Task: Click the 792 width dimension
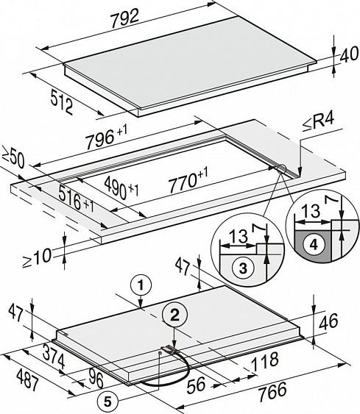[x=124, y=18]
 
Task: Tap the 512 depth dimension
[x=62, y=102]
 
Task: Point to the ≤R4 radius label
[x=319, y=123]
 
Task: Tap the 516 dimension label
[x=76, y=200]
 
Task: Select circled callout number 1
[x=141, y=285]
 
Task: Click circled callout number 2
[x=174, y=315]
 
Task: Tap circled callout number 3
[x=243, y=268]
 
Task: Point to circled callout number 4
[x=314, y=245]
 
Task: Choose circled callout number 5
[x=107, y=402]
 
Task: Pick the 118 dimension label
[x=264, y=362]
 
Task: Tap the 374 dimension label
[x=54, y=357]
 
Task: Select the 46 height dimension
[x=328, y=321]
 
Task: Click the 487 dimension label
[x=28, y=379]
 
